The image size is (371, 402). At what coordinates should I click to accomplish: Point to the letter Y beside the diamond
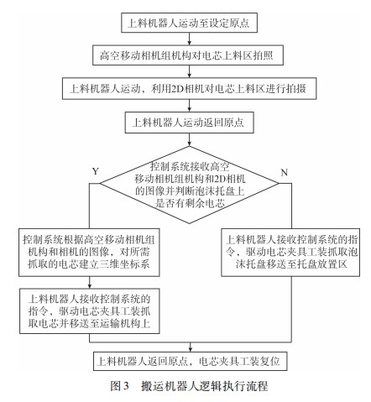(x=95, y=170)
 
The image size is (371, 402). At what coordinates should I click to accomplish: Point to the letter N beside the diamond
(x=284, y=170)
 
